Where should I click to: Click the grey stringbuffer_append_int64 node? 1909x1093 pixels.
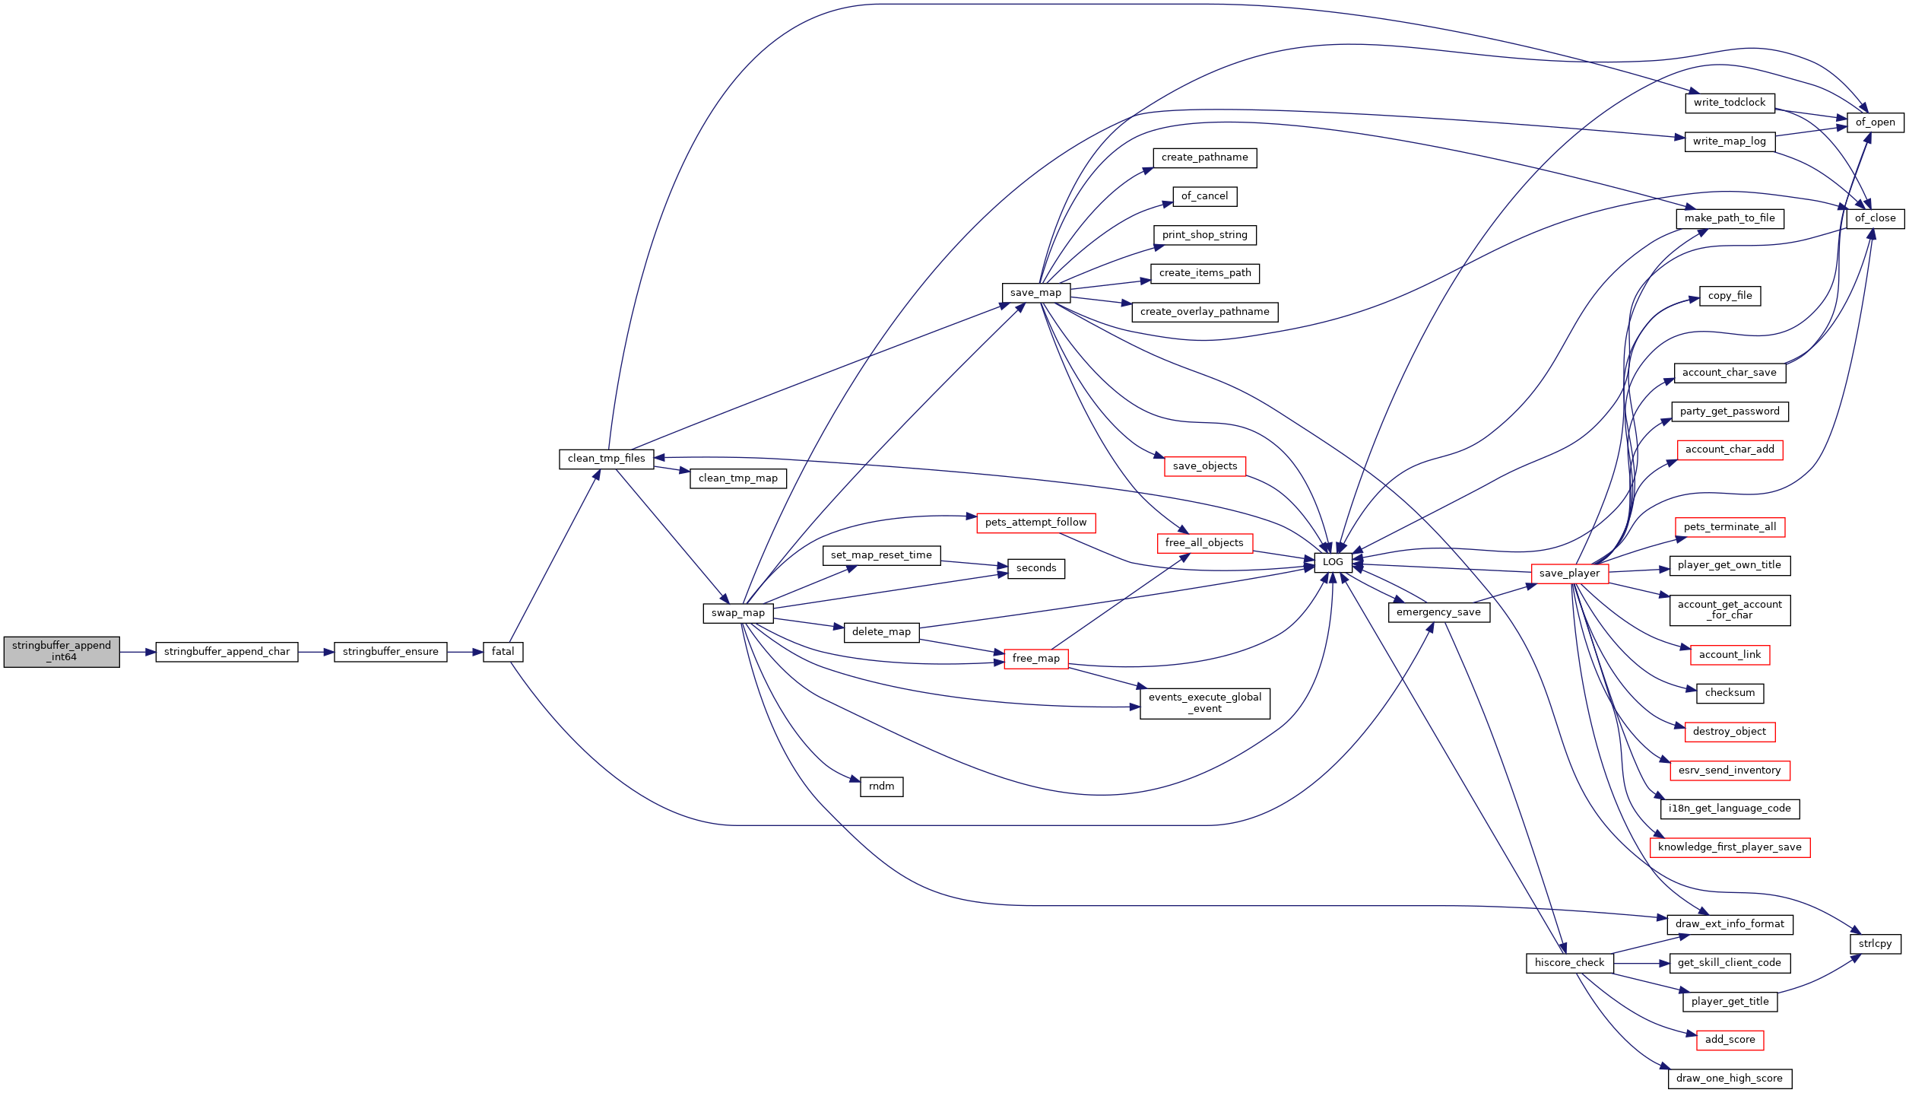[62, 652]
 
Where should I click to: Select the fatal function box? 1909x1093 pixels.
[503, 652]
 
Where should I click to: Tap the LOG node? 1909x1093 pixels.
[1333, 563]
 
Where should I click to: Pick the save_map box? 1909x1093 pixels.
[1036, 293]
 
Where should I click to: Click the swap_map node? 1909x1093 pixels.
[738, 613]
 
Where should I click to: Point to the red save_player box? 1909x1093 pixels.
[1570, 574]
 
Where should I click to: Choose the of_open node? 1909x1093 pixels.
[1876, 122]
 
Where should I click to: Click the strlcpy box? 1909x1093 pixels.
[1876, 944]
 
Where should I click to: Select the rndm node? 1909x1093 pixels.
[882, 786]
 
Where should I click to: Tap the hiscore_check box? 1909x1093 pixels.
[1570, 963]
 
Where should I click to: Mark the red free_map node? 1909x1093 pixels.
[1036, 659]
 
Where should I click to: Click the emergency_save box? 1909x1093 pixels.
[1439, 612]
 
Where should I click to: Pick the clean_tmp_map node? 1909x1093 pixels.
[738, 478]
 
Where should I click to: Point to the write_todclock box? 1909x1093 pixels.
[1730, 103]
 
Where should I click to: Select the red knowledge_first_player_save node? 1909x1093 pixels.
[1730, 847]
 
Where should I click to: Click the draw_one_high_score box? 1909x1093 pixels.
[1730, 1079]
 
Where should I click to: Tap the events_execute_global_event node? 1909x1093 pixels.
[1205, 703]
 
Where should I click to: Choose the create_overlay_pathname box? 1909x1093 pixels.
[1205, 312]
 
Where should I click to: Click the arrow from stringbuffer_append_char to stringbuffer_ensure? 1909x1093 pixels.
[316, 652]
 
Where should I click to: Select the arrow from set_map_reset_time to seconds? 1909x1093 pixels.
[975, 564]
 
